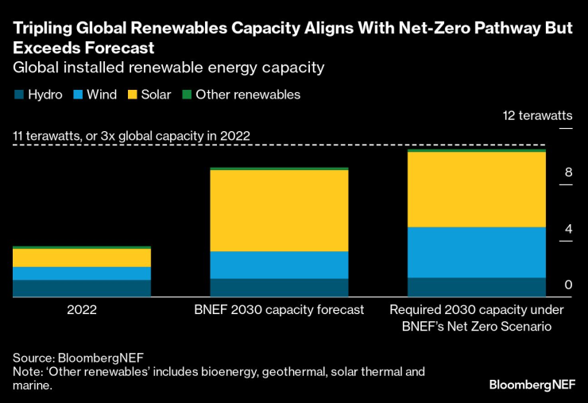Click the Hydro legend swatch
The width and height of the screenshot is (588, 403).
tap(18, 95)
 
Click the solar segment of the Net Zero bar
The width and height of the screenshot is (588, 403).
tap(476, 189)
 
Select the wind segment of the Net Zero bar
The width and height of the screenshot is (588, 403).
tap(476, 252)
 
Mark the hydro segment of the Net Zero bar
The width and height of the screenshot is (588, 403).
tap(476, 287)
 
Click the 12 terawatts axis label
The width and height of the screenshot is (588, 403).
tap(536, 116)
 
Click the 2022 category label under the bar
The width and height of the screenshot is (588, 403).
tap(82, 309)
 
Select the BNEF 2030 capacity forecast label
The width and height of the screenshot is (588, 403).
tap(279, 309)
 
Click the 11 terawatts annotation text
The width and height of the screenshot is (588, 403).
tap(132, 136)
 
